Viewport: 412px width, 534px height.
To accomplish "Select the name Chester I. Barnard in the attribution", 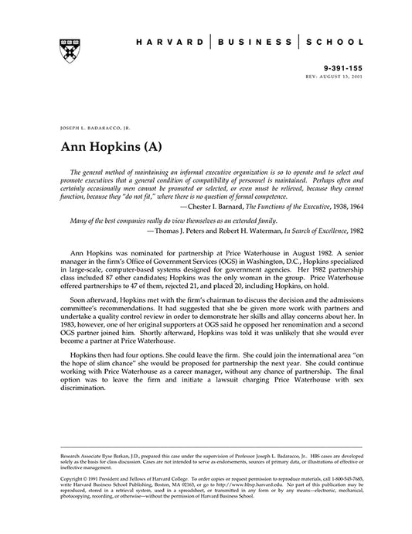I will (219, 207).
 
